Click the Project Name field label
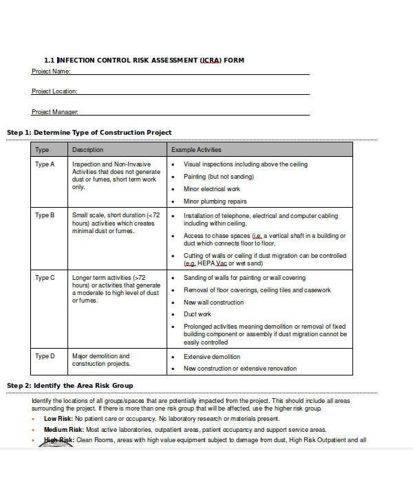[x=51, y=72]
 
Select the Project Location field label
[x=54, y=91]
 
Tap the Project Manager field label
[x=55, y=111]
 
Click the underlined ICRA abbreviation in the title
[x=210, y=61]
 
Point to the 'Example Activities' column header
[x=196, y=150]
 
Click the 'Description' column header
[x=87, y=150]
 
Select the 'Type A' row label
[x=44, y=165]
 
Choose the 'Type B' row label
[x=44, y=216]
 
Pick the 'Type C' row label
[x=44, y=278]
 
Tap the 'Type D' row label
[x=44, y=357]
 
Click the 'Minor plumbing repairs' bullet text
[x=215, y=201]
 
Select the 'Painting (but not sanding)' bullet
[x=219, y=177]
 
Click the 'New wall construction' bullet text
[x=213, y=302]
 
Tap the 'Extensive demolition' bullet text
[x=212, y=357]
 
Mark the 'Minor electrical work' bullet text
[x=212, y=189]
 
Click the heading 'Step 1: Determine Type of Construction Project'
[x=89, y=132]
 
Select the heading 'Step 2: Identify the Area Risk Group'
[x=70, y=385]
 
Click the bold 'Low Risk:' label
[x=59, y=419]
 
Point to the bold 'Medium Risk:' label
[x=64, y=429]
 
